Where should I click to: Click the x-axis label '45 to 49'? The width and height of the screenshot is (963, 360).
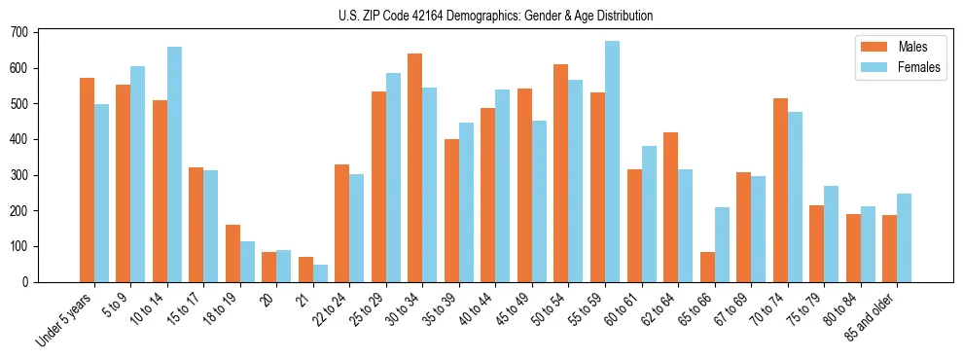[x=515, y=309]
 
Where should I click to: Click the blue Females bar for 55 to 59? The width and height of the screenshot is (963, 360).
[x=612, y=162]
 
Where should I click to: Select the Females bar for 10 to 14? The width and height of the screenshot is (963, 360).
[x=174, y=164]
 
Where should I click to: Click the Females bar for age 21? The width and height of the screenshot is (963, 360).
[x=320, y=273]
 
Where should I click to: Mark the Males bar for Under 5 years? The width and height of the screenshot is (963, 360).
[x=87, y=180]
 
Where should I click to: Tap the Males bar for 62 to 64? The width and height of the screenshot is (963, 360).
[x=670, y=207]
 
